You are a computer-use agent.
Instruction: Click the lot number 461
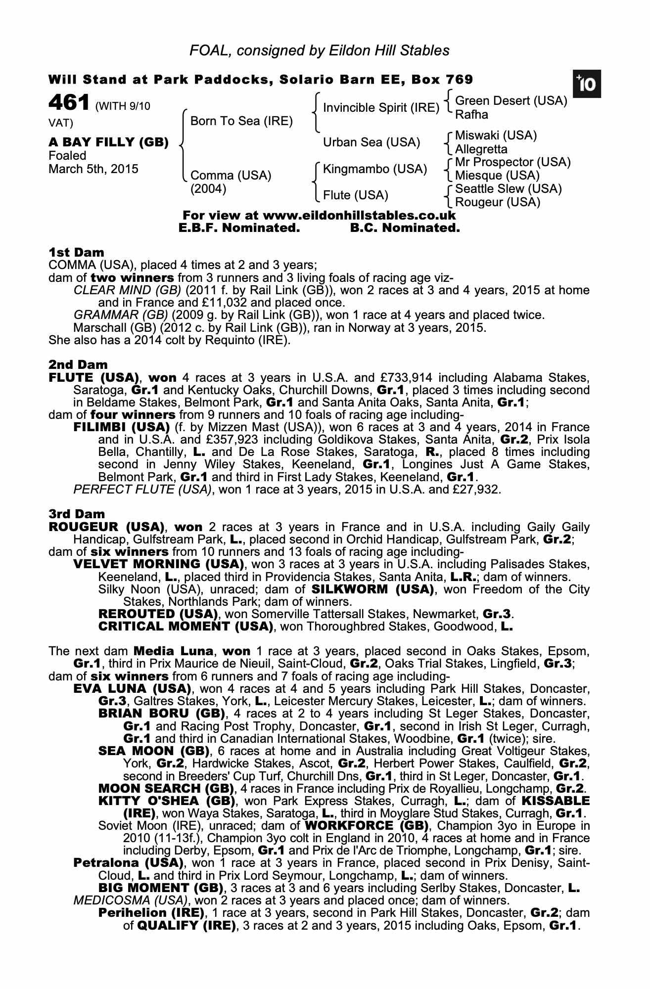pos(69,103)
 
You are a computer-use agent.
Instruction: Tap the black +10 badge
pos(587,84)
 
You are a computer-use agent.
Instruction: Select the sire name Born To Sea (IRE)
pos(241,121)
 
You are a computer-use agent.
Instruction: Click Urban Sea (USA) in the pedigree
pos(371,142)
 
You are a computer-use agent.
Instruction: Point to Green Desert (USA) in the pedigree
pos(511,101)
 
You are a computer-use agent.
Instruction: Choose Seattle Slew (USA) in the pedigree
pos(509,189)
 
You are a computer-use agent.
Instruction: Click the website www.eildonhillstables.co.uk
pos(359,216)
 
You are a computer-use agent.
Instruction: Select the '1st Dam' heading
pos(76,253)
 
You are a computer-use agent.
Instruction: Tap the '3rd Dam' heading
pos(77,514)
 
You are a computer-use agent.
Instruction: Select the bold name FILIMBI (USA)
pos(122,427)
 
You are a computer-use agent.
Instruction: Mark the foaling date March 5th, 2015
pos(93,169)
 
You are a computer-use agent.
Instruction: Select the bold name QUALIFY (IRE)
pos(186,925)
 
